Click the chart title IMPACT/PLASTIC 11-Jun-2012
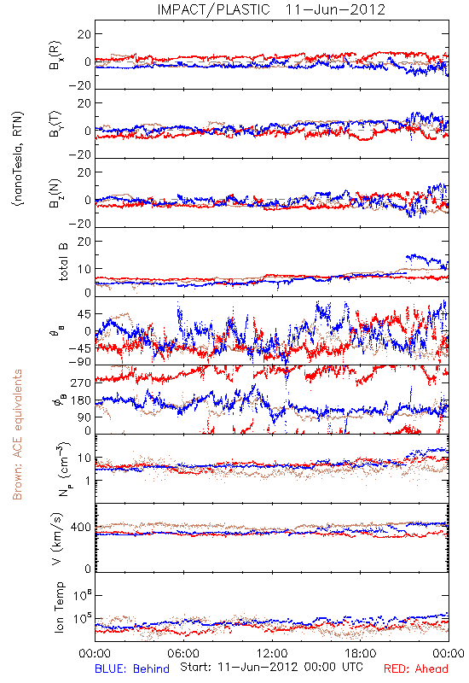coord(271,9)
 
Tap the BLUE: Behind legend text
coord(132,668)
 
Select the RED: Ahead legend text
coord(416,668)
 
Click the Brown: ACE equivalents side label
coord(17,435)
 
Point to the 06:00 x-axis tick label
coord(183,653)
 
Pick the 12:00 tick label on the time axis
coord(272,653)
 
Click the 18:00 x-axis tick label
coord(361,653)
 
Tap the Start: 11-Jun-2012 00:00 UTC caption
coord(271,667)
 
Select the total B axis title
coord(63,261)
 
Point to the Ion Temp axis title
coord(59,607)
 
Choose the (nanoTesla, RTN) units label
coord(18,159)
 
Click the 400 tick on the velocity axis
coord(81,528)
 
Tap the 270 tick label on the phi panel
coord(81,382)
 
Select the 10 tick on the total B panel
coord(84,269)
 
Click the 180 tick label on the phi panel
coord(81,400)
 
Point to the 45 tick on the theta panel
coord(84,314)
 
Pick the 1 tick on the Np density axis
coord(88,481)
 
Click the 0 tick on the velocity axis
coord(88,568)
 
